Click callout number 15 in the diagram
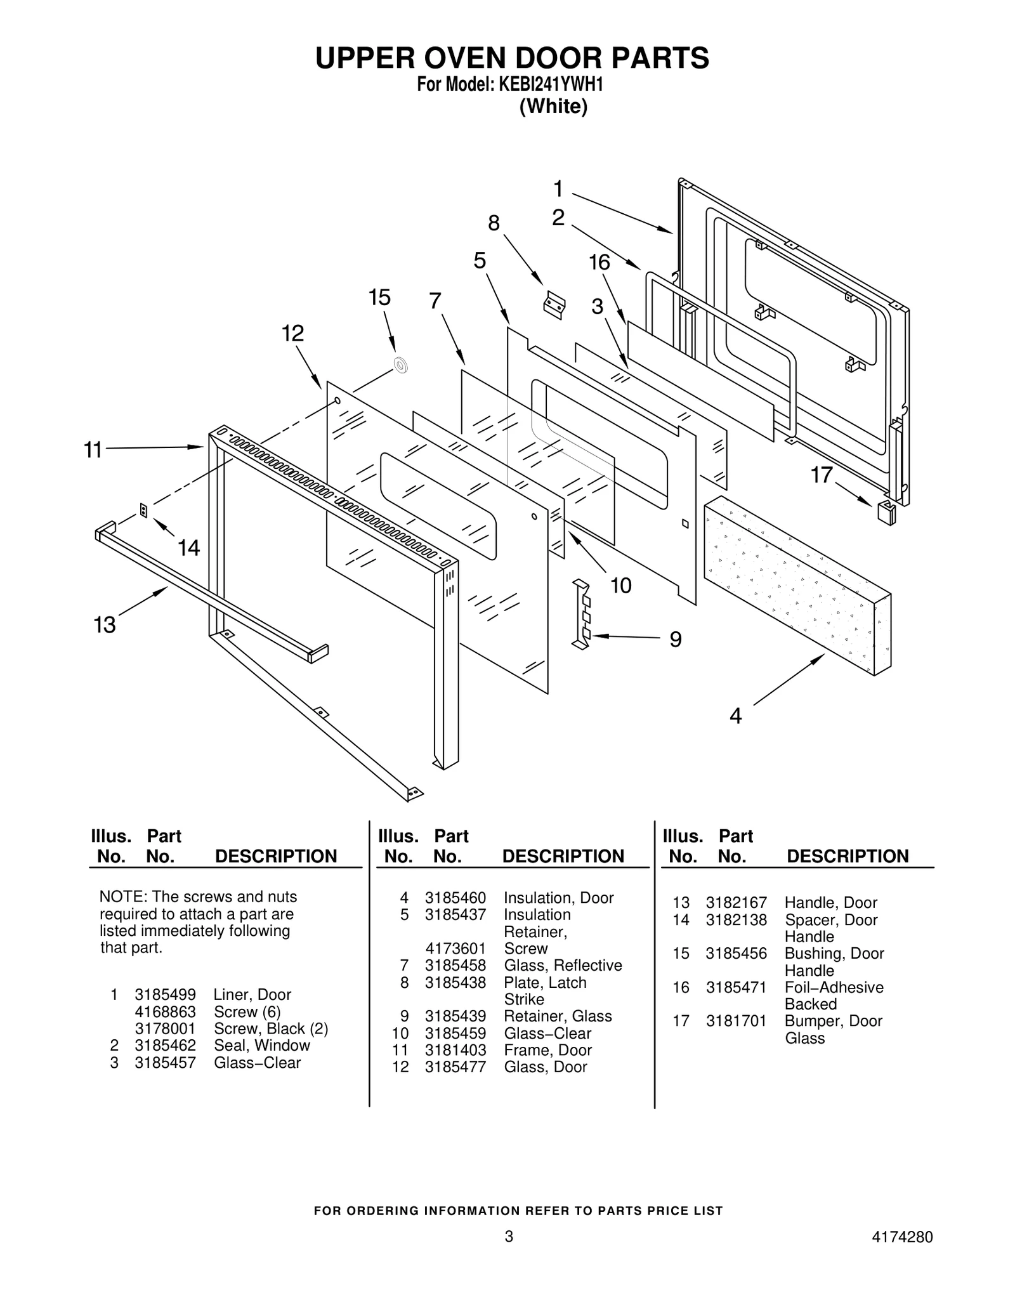[x=379, y=298]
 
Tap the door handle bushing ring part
[x=401, y=365]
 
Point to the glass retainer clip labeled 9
[x=582, y=615]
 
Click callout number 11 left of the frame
[x=93, y=450]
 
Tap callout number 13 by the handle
[x=105, y=625]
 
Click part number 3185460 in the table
[x=455, y=898]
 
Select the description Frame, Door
[x=547, y=1050]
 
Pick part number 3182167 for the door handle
[x=736, y=902]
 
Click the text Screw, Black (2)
[x=270, y=1028]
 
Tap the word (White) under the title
[x=553, y=107]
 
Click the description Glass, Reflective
[x=563, y=965]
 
